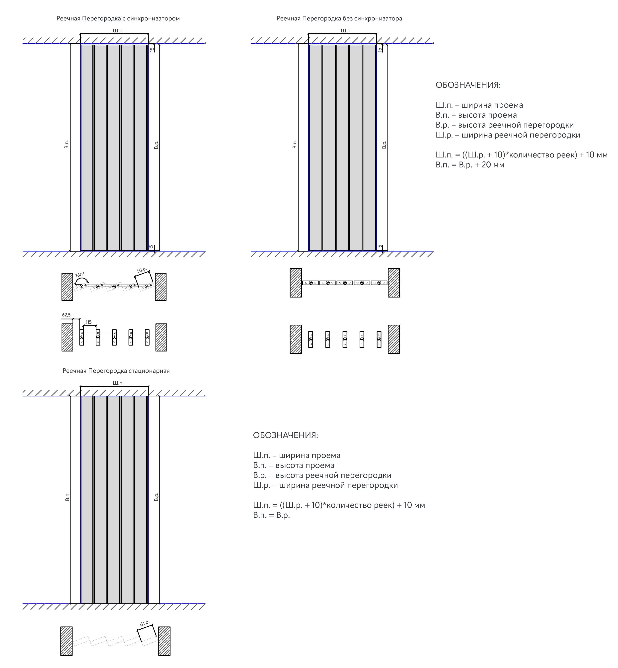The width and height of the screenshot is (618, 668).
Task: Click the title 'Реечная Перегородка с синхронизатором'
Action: tap(118, 19)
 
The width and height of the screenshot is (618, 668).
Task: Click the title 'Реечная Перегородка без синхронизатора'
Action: tap(339, 19)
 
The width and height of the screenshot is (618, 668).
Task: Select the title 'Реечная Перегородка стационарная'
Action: tap(116, 371)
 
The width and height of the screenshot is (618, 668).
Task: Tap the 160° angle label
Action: tap(79, 275)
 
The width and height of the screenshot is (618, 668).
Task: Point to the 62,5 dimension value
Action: tap(66, 315)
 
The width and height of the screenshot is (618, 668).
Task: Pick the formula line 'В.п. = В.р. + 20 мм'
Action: tap(470, 165)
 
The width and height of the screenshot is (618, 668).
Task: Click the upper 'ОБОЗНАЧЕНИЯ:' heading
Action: tap(468, 85)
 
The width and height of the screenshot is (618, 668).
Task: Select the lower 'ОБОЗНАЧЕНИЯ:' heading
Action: tap(285, 435)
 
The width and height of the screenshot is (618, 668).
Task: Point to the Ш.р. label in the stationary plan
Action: tap(145, 623)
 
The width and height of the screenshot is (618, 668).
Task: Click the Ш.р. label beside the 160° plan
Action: tap(142, 270)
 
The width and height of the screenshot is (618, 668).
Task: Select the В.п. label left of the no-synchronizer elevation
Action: tap(294, 145)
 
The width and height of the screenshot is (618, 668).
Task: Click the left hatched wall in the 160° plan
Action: tap(67, 287)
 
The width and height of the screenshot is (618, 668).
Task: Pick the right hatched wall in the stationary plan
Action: tap(164, 641)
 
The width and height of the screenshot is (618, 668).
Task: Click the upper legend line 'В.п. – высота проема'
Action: tap(476, 115)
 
